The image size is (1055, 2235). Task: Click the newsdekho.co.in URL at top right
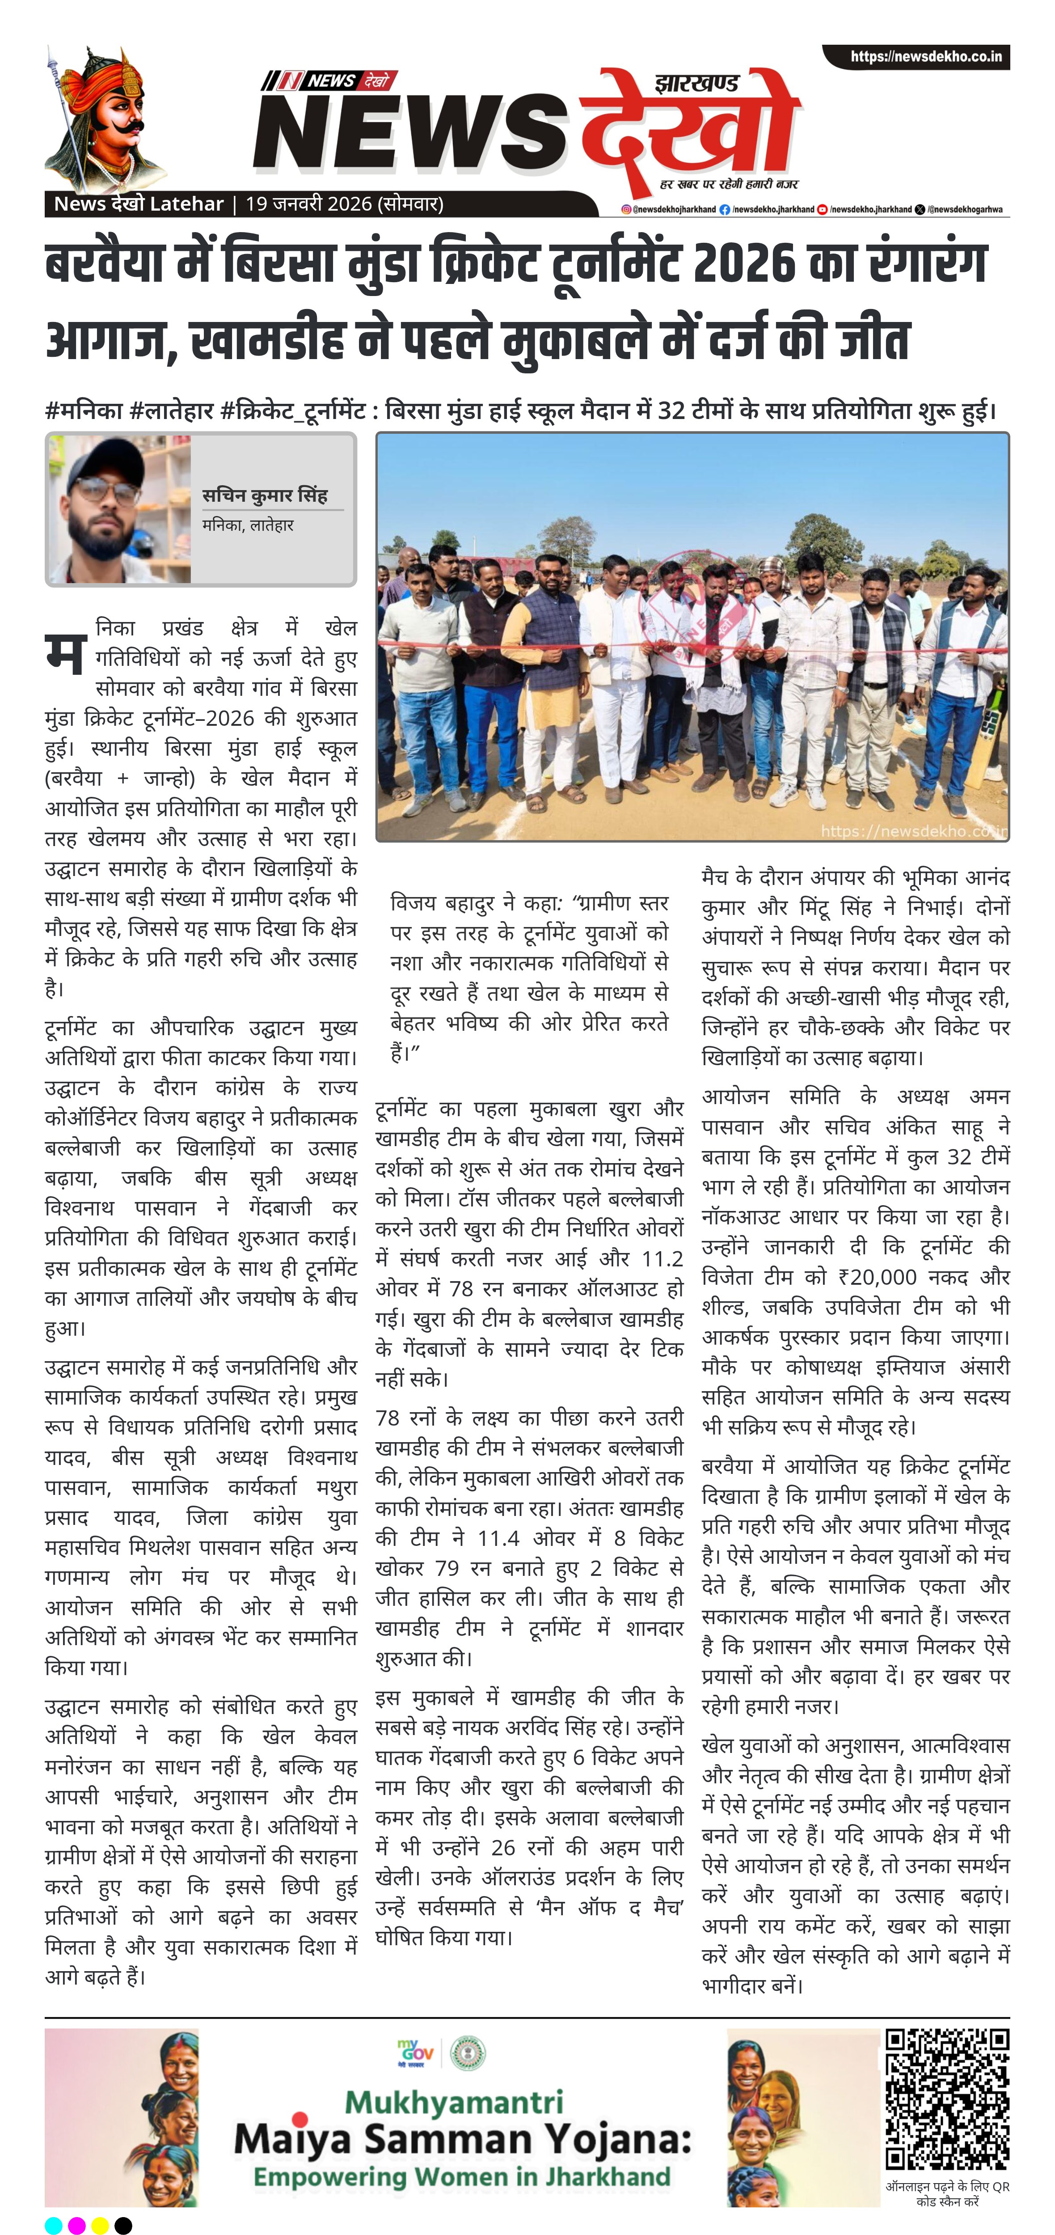(925, 57)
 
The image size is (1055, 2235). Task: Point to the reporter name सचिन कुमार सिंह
(265, 495)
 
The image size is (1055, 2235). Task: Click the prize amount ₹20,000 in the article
(883, 1277)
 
